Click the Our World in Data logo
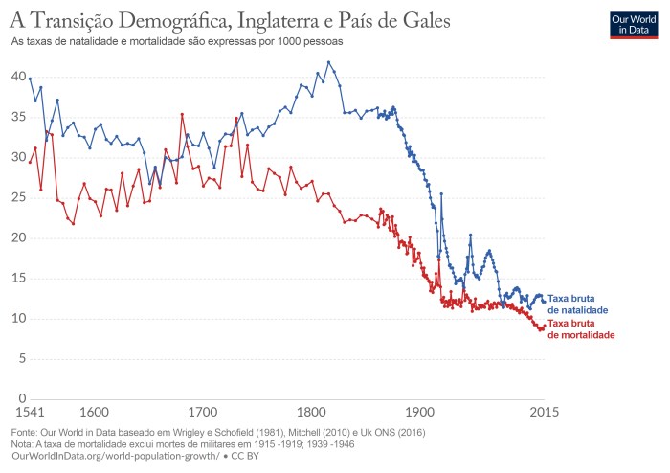[x=633, y=24]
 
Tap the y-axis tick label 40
[x=18, y=76]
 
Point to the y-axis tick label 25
[x=18, y=197]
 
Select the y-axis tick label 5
[x=21, y=358]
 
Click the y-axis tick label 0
[x=21, y=398]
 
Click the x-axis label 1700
[x=201, y=413]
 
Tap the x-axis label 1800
[x=310, y=413]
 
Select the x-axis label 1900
[x=419, y=413]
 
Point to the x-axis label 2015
[x=544, y=413]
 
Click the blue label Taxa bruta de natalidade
[x=578, y=304]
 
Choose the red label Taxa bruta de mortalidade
[x=580, y=329]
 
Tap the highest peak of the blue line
[x=328, y=62]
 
